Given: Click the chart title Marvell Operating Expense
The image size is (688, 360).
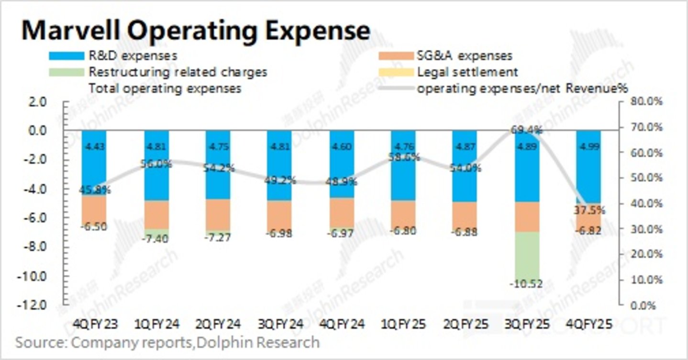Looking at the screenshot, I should pyautogui.click(x=195, y=30).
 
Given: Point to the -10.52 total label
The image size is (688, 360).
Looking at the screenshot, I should pyautogui.click(x=525, y=284).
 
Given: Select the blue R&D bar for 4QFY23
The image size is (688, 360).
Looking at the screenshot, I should pyautogui.click(x=94, y=163).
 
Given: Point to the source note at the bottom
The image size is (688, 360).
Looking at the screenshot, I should pyautogui.click(x=167, y=342).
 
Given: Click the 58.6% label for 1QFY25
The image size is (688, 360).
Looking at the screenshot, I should pyautogui.click(x=404, y=157).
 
